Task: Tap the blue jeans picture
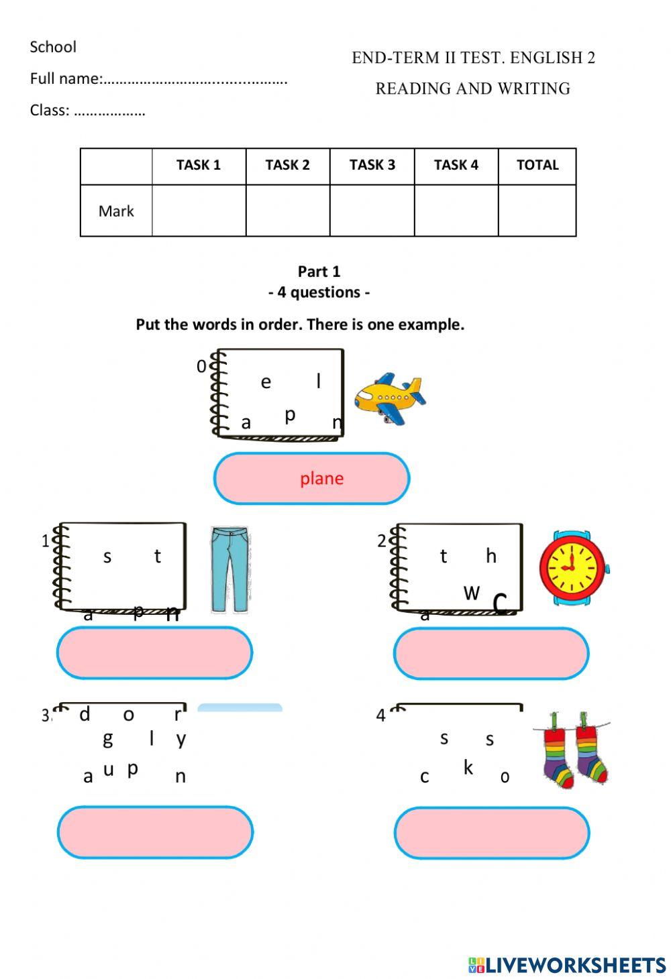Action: (230, 569)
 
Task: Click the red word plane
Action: (321, 478)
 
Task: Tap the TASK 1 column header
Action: (199, 165)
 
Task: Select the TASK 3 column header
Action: (372, 165)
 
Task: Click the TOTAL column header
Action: (537, 165)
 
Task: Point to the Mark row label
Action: (116, 211)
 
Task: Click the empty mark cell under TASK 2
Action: (288, 211)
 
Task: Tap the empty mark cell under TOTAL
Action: (537, 211)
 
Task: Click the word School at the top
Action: (53, 47)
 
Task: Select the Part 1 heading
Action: (319, 272)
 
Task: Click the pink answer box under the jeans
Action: (154, 652)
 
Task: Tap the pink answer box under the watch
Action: (491, 653)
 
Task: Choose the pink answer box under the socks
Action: (492, 832)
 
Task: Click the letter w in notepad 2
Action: (472, 592)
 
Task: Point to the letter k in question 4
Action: (468, 768)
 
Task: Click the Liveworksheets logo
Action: (567, 964)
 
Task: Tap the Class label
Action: (50, 111)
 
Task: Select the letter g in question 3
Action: (107, 739)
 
